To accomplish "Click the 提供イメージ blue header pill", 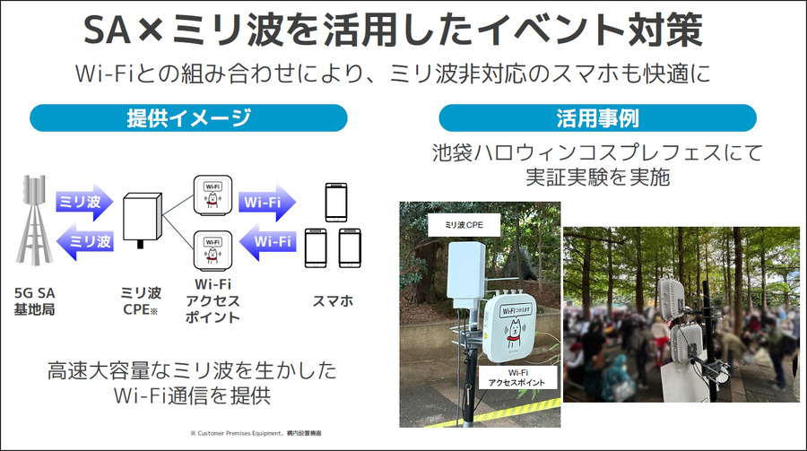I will [x=188, y=117].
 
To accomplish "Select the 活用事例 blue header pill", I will [x=597, y=117].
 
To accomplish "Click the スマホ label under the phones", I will [x=334, y=300].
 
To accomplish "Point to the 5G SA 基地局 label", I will [x=36, y=300].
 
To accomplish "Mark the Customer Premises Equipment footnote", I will [x=256, y=433].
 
